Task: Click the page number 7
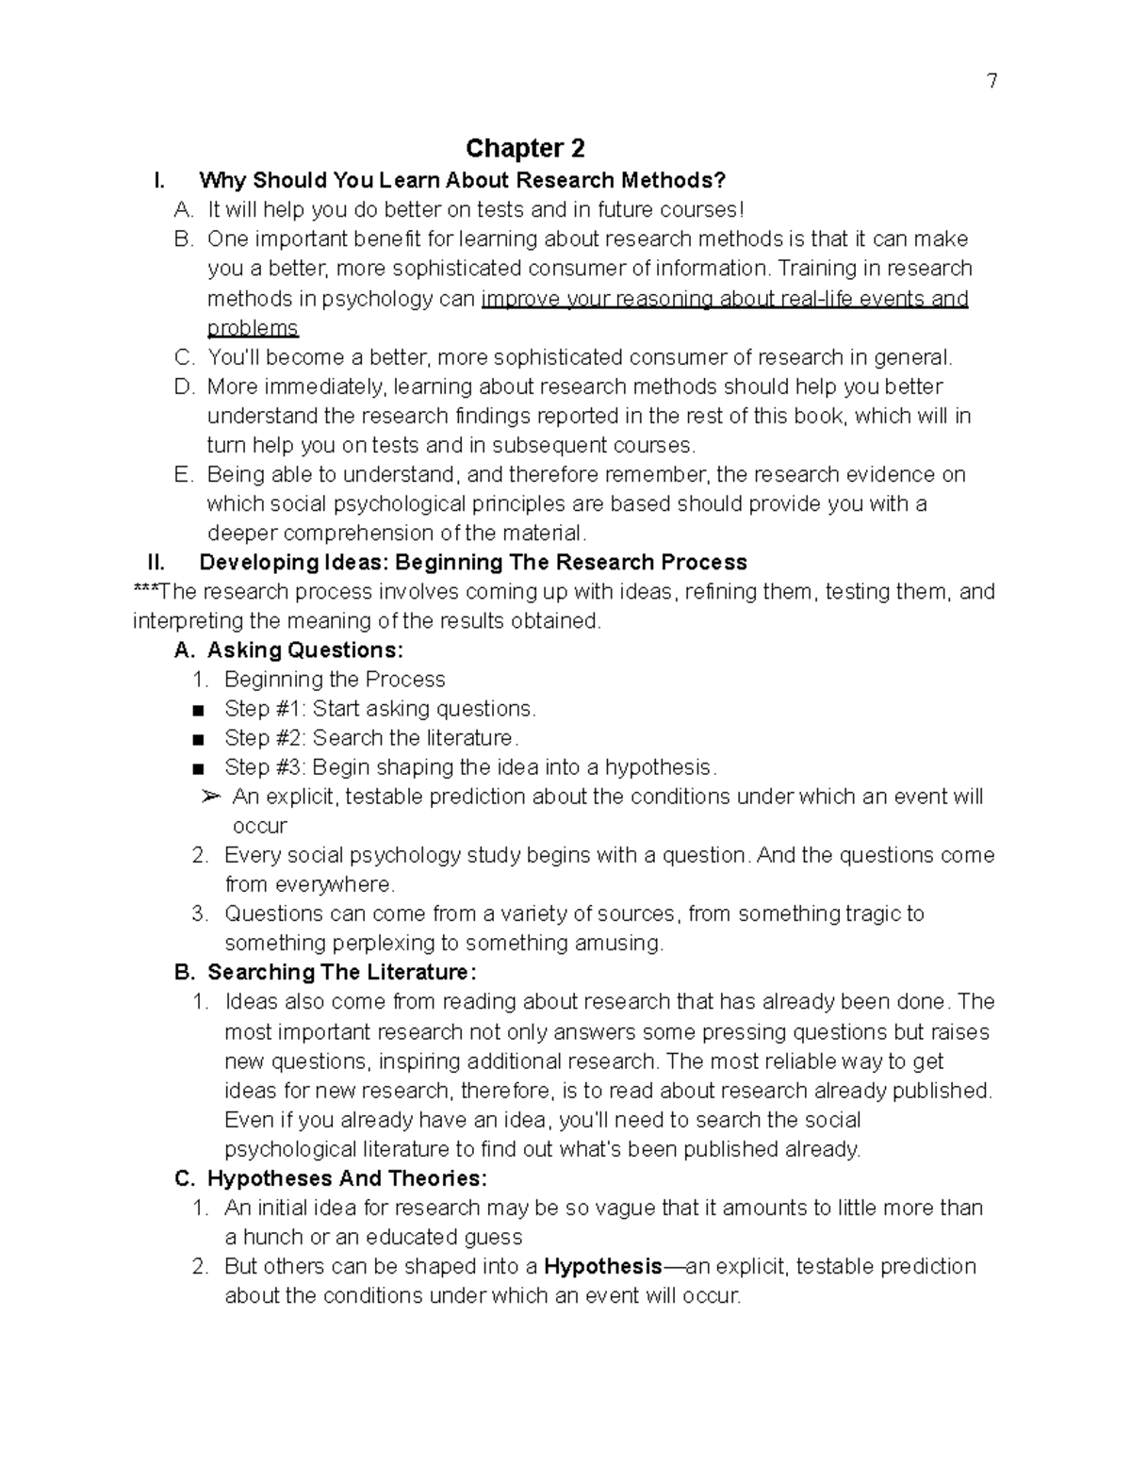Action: coord(992,81)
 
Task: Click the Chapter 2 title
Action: coord(525,148)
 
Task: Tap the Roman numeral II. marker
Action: coord(156,563)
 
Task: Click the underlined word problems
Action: coord(253,328)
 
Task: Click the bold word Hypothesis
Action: coord(603,1266)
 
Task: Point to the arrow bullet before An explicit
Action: coord(211,798)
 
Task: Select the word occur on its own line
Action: coord(259,827)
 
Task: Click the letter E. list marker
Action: coord(184,475)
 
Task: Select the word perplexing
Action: coord(378,943)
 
